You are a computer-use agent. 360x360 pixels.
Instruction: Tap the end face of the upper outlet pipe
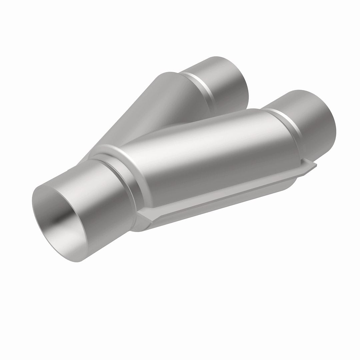tap(233, 83)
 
